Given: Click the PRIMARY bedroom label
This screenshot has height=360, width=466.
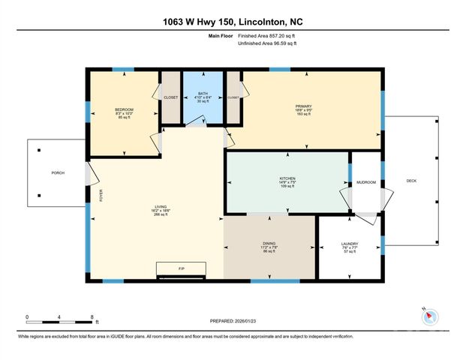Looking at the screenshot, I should tap(303, 106).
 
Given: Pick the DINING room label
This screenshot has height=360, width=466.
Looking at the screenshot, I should tap(269, 243).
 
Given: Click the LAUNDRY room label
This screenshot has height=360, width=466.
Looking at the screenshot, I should tap(349, 244).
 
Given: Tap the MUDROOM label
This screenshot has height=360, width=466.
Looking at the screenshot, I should tap(365, 182).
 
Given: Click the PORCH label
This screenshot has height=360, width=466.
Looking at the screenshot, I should tap(58, 173).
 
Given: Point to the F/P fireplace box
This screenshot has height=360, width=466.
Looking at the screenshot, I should tap(181, 268).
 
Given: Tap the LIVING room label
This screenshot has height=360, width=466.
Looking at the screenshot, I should tap(156, 208).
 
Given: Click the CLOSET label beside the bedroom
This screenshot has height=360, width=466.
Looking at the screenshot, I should tap(172, 97).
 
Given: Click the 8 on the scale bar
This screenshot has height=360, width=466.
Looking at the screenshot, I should tap(92, 316).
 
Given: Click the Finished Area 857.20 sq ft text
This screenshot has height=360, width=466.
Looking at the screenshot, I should tap(266, 35).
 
